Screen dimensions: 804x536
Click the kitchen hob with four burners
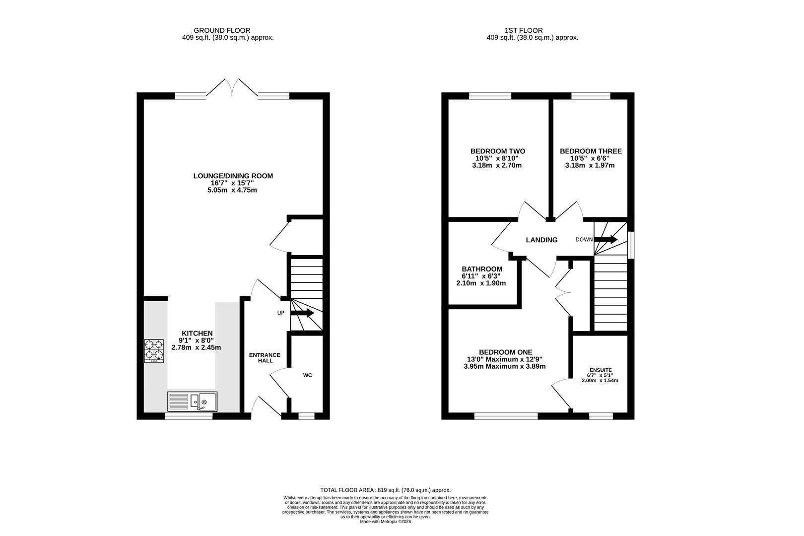(x=154, y=351)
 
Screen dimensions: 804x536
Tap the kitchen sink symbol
(x=193, y=402)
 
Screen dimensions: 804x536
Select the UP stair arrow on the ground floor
(x=302, y=313)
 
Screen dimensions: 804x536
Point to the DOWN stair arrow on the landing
(x=605, y=239)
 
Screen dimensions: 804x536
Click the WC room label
(x=308, y=375)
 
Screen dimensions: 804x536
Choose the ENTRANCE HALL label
(x=265, y=357)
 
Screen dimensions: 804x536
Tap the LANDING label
(x=541, y=240)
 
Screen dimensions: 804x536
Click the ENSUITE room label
(x=601, y=370)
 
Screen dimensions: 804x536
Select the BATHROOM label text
(x=482, y=269)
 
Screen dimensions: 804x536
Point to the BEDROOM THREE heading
(x=591, y=151)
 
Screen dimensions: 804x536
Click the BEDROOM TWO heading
(x=498, y=151)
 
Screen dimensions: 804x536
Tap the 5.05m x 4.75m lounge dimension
(x=232, y=190)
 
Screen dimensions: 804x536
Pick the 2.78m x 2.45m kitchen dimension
(x=197, y=347)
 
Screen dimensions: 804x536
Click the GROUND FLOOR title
(x=222, y=30)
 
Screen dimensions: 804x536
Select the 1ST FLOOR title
(x=524, y=30)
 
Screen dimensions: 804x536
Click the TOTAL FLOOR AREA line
(x=386, y=490)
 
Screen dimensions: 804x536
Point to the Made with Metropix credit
(x=386, y=522)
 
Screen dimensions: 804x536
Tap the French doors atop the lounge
(x=232, y=87)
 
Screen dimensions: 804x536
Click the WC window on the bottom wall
(x=306, y=416)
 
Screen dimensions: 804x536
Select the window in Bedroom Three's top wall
(x=591, y=96)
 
